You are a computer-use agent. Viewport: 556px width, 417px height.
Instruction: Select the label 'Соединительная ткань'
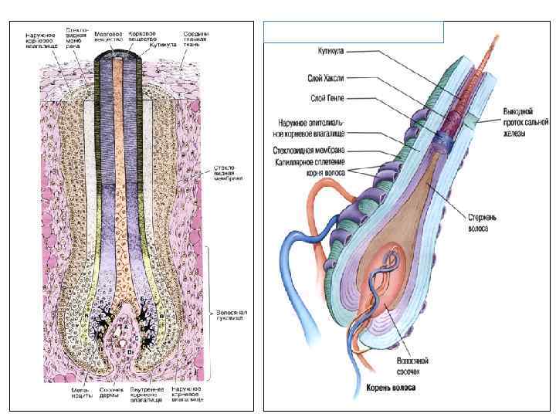point(195,39)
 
